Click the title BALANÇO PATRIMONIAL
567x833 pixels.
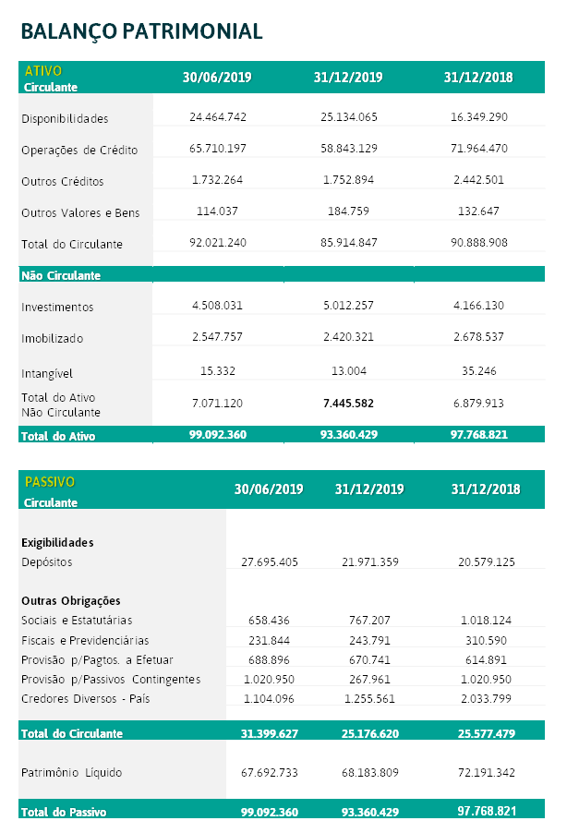(141, 30)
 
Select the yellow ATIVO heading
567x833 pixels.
(43, 71)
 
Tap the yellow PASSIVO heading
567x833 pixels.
(50, 482)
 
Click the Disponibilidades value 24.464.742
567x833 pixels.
(217, 117)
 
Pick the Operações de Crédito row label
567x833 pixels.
(79, 150)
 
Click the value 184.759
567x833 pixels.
(348, 211)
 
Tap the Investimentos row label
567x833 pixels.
(57, 307)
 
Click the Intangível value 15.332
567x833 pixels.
(217, 372)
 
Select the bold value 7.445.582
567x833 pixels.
(348, 404)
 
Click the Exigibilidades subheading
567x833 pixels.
(57, 542)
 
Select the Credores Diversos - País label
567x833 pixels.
(85, 699)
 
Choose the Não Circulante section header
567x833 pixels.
(60, 275)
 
